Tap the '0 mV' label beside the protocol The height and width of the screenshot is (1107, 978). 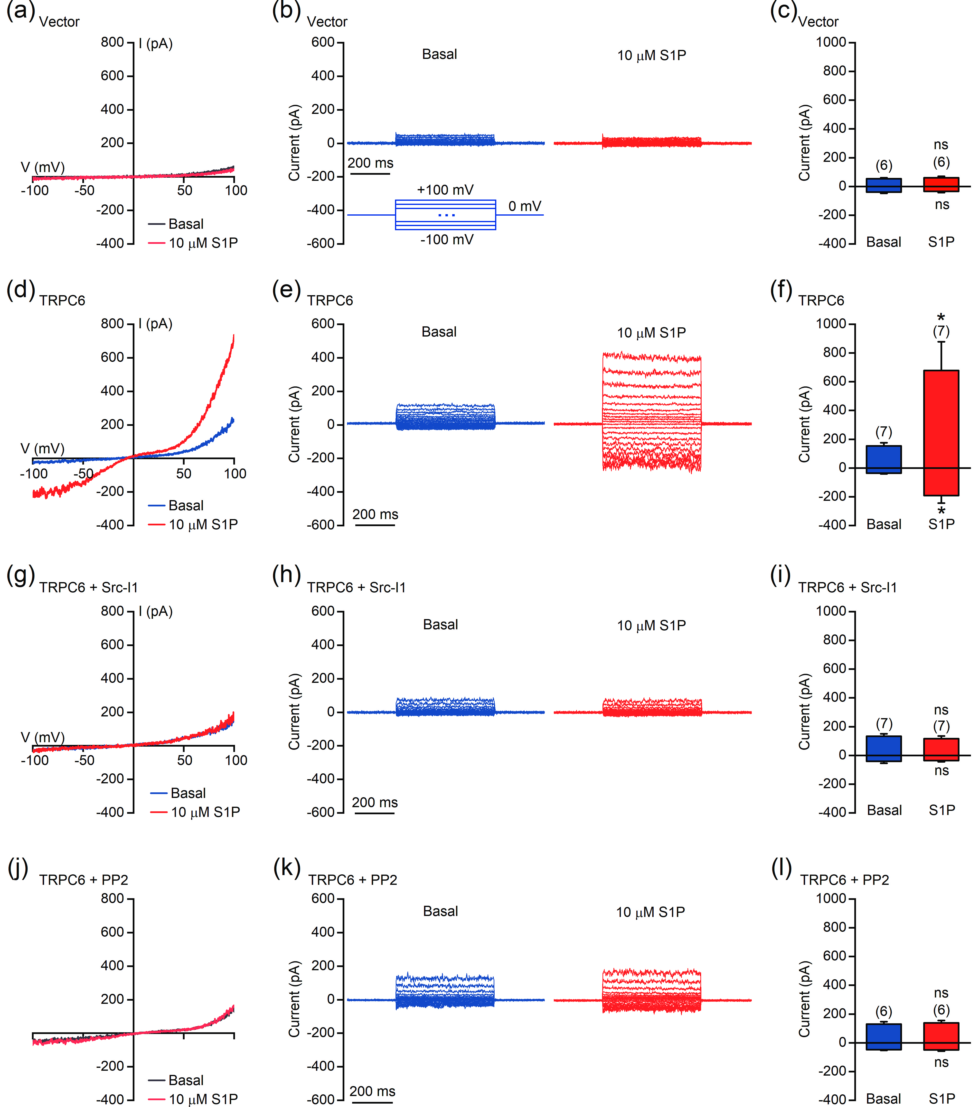(525, 206)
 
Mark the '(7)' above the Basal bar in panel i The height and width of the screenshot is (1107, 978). (884, 723)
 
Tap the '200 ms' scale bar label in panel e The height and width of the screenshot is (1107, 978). (375, 514)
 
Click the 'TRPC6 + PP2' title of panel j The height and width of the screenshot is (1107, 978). (84, 880)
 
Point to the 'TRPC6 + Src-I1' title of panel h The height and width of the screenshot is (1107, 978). (356, 588)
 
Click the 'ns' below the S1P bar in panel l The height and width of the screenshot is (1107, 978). (941, 1063)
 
